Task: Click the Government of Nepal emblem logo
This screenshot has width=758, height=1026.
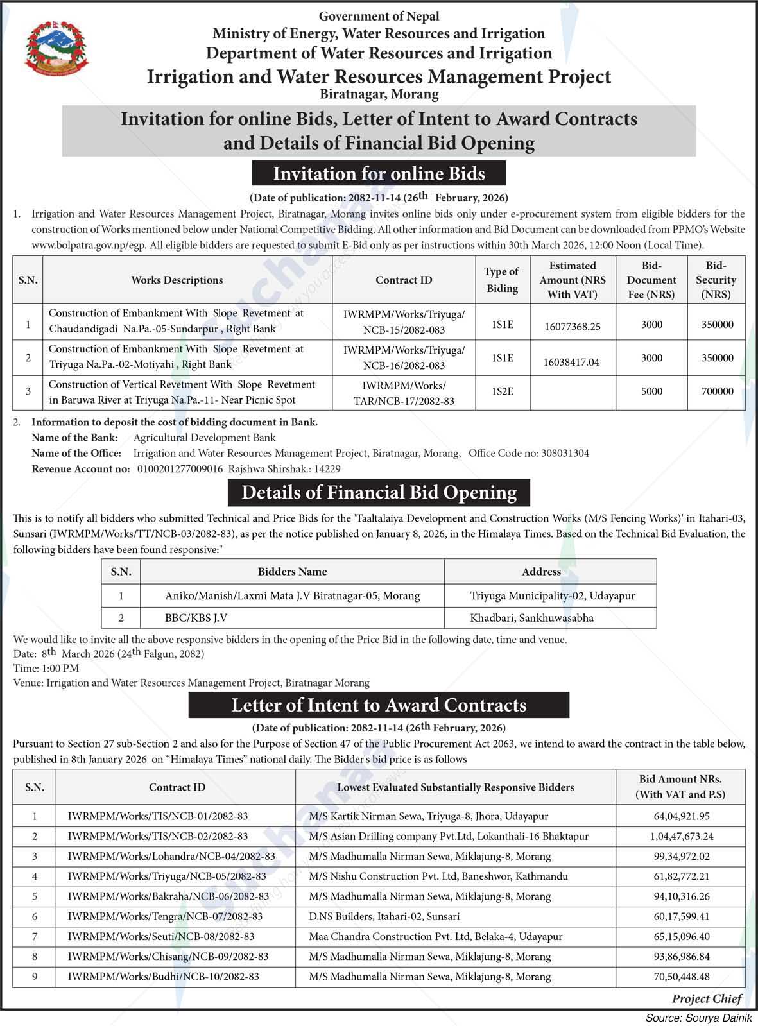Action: click(x=56, y=49)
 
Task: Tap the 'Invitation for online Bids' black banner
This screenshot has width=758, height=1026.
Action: click(x=379, y=174)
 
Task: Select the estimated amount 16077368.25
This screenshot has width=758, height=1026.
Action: click(x=572, y=327)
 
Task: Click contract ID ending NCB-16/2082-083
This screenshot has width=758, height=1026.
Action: click(x=404, y=358)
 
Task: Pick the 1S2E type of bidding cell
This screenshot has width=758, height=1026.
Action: click(x=502, y=391)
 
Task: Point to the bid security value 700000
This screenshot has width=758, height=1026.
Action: click(x=717, y=391)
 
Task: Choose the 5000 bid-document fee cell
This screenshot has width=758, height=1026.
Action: click(x=651, y=391)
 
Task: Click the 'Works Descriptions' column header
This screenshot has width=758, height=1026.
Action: click(x=177, y=280)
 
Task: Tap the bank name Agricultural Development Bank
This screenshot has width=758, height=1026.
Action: click(x=204, y=438)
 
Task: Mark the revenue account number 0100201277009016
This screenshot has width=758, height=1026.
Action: click(x=180, y=469)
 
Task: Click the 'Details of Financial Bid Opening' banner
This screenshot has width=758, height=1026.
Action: click(x=379, y=493)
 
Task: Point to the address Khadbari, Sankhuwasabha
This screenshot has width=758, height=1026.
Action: click(x=531, y=618)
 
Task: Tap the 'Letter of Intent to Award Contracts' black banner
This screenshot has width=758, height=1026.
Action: click(x=379, y=705)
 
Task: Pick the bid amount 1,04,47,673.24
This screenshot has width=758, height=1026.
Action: click(x=681, y=837)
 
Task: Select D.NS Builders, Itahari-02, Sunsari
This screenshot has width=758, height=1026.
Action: click(x=384, y=917)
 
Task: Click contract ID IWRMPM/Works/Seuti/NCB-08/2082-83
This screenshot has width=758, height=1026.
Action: click(x=161, y=937)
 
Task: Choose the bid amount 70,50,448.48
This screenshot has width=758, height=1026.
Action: click(x=681, y=977)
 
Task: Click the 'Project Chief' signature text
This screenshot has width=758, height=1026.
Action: click(x=707, y=999)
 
